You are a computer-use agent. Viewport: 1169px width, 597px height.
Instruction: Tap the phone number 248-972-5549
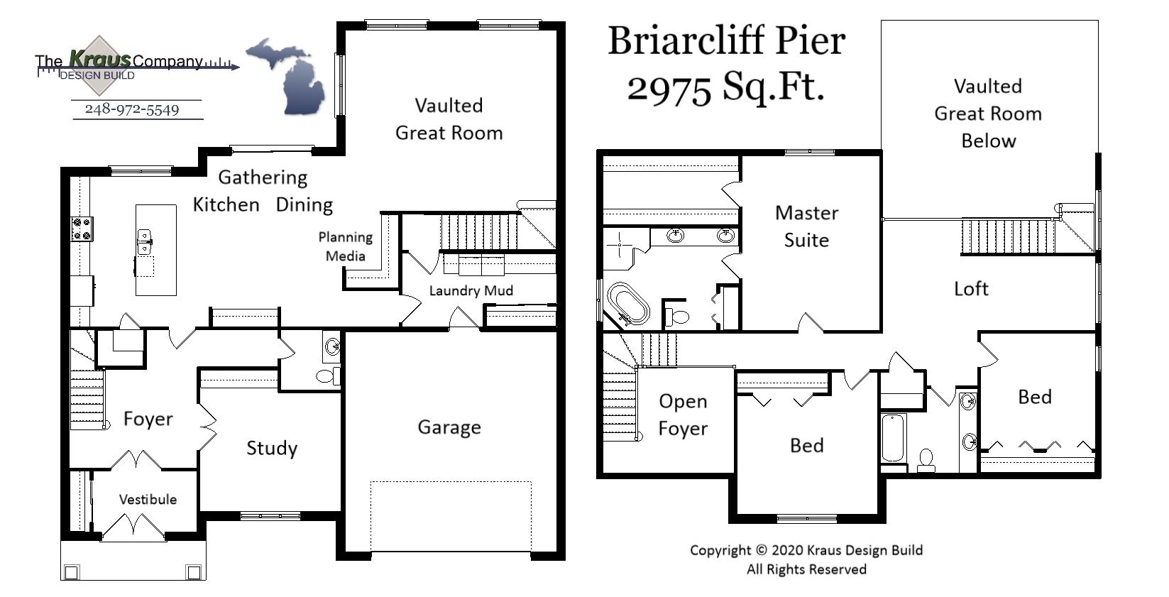[x=132, y=109]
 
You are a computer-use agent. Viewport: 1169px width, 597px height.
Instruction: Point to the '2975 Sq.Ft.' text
[x=725, y=88]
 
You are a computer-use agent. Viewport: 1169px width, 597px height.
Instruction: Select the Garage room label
[x=449, y=427]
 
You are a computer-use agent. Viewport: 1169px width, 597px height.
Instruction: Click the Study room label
[x=271, y=448]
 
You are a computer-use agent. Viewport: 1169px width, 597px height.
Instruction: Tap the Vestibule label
[x=148, y=499]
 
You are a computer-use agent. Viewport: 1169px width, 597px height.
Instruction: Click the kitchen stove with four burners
[x=82, y=229]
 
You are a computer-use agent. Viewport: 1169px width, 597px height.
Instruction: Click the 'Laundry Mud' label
[x=471, y=290]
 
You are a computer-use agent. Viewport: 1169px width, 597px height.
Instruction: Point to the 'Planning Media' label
[x=346, y=246]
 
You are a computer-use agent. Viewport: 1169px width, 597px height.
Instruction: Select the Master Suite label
[x=806, y=226]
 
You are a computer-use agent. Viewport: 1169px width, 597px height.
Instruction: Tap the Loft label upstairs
[x=970, y=288]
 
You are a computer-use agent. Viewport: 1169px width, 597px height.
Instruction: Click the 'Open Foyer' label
[x=683, y=415]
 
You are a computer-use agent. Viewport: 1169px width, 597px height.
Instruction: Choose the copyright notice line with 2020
[x=806, y=550]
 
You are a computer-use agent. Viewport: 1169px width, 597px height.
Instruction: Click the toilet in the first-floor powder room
[x=326, y=375]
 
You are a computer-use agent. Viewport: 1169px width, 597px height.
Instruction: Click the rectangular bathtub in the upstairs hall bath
[x=893, y=437]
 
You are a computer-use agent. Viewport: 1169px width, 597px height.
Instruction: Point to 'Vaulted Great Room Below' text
[x=988, y=114]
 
